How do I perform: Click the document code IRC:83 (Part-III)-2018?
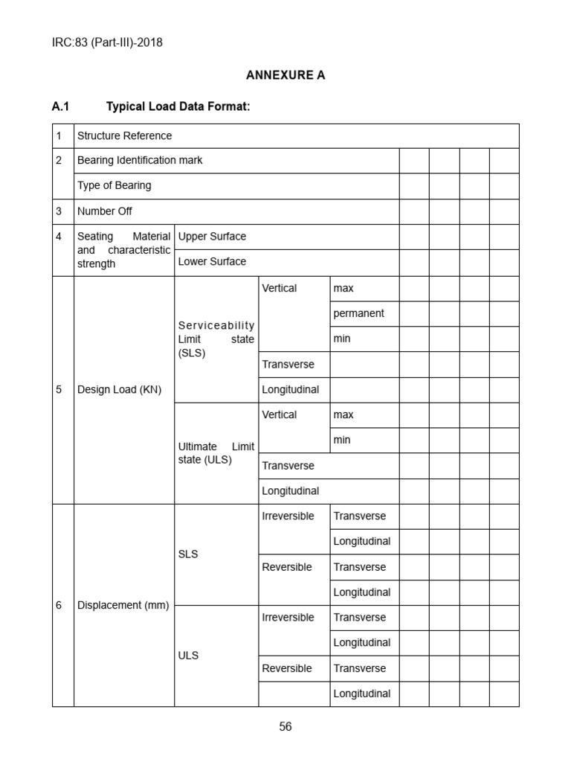(107, 42)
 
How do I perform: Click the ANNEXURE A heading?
(285, 75)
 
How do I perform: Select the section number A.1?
(60, 107)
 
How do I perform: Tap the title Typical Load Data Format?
(178, 107)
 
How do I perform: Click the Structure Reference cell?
(124, 135)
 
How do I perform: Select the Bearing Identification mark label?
(140, 160)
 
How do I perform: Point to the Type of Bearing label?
(114, 185)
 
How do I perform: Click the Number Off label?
(105, 211)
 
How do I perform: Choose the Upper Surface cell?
(212, 237)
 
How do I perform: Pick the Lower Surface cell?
(212, 262)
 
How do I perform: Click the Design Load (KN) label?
(119, 389)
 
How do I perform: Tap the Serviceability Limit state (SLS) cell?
(216, 339)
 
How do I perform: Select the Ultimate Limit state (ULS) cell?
(216, 453)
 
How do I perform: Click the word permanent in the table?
(358, 313)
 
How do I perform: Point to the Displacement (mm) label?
(123, 605)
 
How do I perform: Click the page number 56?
(285, 727)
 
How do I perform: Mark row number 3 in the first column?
(59, 211)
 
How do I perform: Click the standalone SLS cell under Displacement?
(188, 554)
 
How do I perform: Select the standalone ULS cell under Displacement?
(188, 656)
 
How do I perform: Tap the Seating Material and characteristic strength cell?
(123, 250)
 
